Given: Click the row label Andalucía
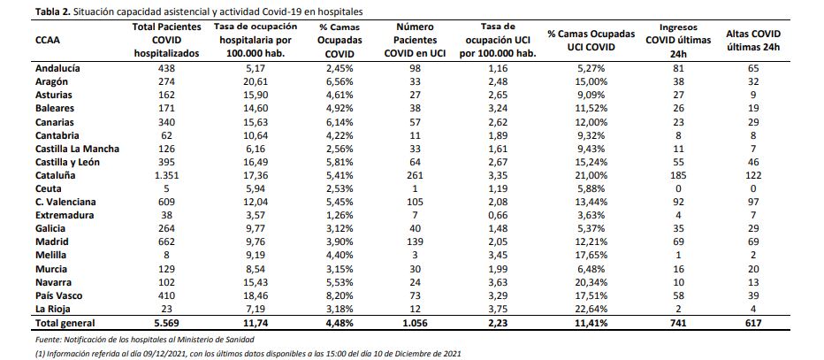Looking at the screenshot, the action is point(57,68).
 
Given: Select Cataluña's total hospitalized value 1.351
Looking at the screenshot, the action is point(167,175).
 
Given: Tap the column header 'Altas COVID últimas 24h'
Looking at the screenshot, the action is point(752,40).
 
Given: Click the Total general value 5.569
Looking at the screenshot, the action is point(167,323).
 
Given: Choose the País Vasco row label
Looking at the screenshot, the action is point(59,296).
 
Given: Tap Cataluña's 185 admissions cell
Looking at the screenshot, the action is point(678,175).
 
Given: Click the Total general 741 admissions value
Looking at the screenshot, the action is point(678,323).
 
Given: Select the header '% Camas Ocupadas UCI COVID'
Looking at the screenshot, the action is point(591,40).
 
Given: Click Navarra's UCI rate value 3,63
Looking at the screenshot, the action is point(498,282).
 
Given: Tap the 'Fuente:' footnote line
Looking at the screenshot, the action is point(147,340).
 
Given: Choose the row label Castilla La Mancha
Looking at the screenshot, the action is point(77,149).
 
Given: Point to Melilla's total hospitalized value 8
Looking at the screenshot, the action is point(167,256).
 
